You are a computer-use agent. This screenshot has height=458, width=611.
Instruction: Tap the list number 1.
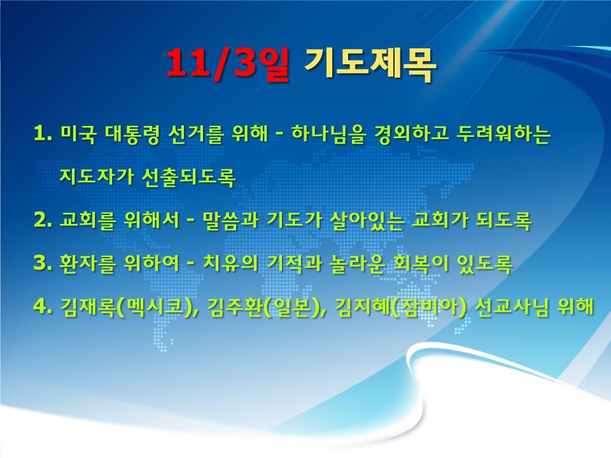[43, 134]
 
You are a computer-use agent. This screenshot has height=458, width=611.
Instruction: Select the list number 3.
[43, 263]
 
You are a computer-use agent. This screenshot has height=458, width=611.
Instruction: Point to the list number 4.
[43, 307]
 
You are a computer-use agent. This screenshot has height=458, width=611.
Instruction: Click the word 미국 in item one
[78, 134]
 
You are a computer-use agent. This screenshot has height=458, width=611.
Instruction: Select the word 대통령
[132, 134]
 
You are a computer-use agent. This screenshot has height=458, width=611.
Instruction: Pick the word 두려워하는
[505, 134]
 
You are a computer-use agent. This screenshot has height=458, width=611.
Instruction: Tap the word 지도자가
[96, 177]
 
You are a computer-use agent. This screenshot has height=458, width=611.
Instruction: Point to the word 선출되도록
[188, 177]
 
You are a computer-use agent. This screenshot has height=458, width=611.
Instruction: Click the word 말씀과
[230, 221]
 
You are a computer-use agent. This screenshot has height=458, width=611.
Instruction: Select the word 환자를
[88, 263]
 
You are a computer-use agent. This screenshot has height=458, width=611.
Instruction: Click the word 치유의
[230, 263]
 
